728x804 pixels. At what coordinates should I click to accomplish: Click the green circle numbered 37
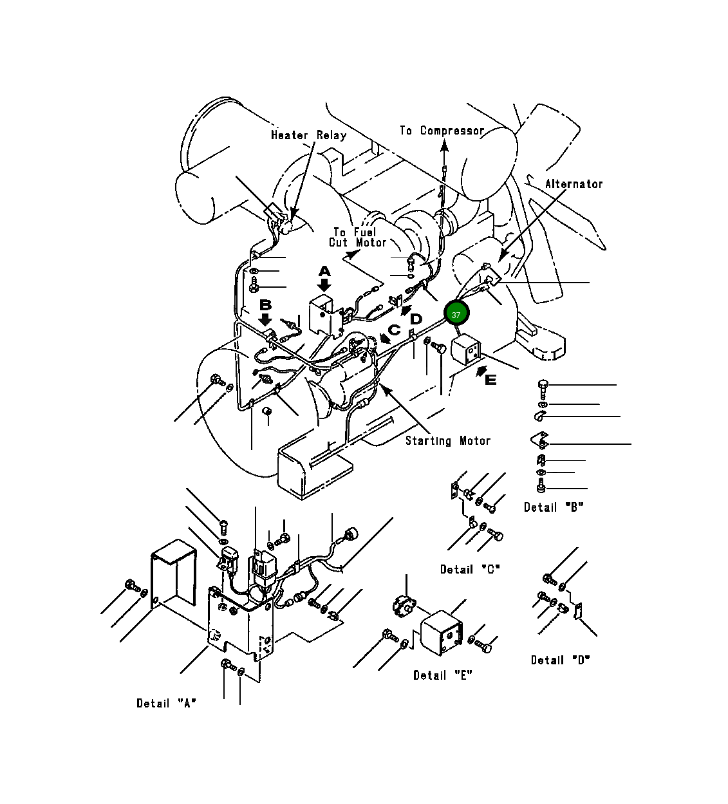click(x=456, y=315)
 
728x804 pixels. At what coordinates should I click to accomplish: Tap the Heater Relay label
click(x=309, y=135)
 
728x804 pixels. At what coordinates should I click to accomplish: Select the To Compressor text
click(x=442, y=131)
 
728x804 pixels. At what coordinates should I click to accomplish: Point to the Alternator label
click(x=574, y=184)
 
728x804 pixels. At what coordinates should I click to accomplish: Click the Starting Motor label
click(x=448, y=441)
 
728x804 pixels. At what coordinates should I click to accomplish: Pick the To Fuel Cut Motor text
click(x=357, y=238)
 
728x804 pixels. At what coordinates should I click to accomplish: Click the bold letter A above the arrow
click(x=324, y=272)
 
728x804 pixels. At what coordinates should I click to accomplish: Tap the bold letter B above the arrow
click(x=265, y=305)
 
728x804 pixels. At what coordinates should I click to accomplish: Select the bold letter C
click(x=395, y=330)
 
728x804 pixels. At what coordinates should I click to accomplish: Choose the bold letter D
click(x=416, y=319)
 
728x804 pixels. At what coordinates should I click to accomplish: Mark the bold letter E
click(x=490, y=380)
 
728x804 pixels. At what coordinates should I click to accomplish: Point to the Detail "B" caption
click(x=554, y=507)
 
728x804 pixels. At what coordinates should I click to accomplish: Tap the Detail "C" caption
click(x=471, y=570)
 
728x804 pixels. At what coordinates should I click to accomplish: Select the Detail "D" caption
click(x=561, y=660)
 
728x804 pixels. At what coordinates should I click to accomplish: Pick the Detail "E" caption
click(x=443, y=675)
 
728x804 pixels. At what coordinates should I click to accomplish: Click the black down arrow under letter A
click(x=324, y=285)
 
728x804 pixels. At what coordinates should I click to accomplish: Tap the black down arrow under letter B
click(x=265, y=319)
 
